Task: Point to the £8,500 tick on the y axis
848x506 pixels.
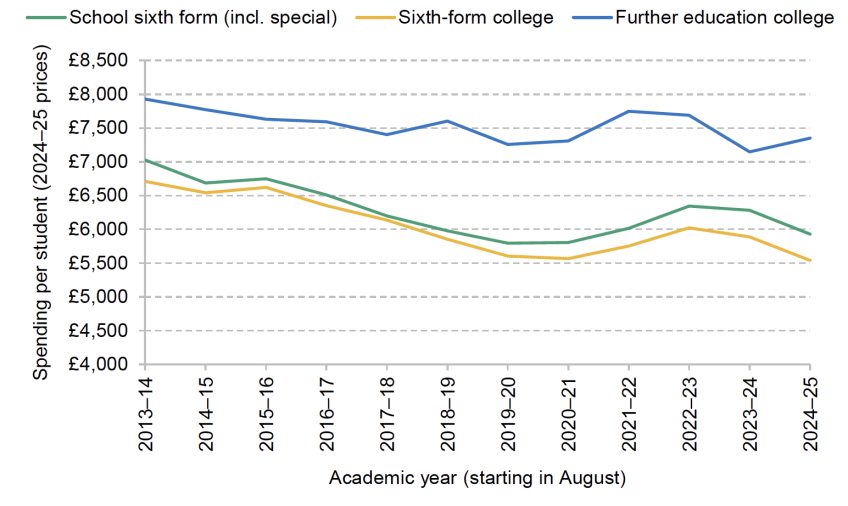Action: click(100, 60)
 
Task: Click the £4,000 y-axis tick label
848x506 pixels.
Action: click(100, 364)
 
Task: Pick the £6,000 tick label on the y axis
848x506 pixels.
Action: click(100, 229)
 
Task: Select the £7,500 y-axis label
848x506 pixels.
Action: click(100, 128)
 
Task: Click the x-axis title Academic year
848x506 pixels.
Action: click(477, 478)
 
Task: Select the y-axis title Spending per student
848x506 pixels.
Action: click(40, 212)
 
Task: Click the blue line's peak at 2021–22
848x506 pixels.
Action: click(628, 111)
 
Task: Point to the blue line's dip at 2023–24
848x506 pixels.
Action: click(749, 152)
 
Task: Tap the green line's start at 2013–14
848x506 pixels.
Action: click(144, 160)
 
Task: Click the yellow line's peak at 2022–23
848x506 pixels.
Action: click(689, 228)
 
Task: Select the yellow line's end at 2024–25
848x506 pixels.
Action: click(810, 261)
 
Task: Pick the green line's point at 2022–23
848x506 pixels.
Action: click(689, 206)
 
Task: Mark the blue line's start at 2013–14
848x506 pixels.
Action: click(144, 98)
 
